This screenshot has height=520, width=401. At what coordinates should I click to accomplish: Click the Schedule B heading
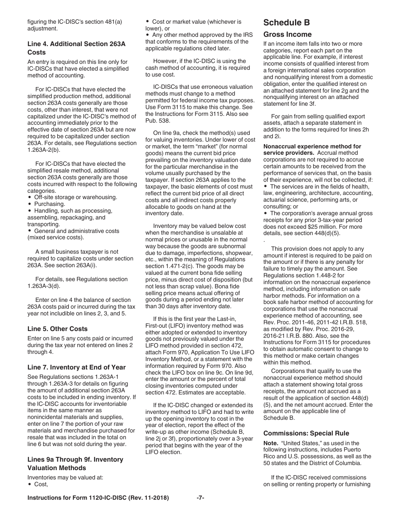tap(287, 22)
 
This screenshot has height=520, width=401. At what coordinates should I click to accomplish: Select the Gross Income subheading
tap(287, 34)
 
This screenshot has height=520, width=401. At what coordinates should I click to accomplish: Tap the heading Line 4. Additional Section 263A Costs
tap(76, 48)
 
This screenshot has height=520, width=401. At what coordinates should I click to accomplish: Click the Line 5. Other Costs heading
tap(57, 328)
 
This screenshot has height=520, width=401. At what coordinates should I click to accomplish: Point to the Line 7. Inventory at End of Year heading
tap(76, 367)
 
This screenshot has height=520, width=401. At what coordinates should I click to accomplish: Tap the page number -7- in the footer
tap(200, 498)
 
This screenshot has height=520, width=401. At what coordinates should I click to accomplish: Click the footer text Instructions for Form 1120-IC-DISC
tap(98, 498)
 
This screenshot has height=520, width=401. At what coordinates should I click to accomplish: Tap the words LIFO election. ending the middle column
tap(163, 452)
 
